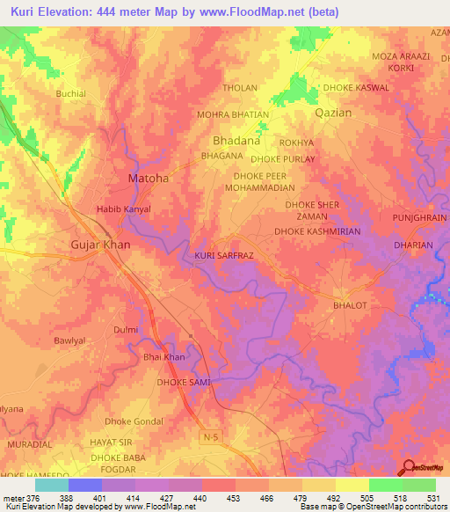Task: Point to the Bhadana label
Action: click(x=237, y=140)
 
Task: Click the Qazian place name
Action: click(x=333, y=113)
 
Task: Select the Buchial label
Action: click(x=71, y=92)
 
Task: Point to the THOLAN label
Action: click(x=240, y=88)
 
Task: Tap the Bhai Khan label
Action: click(x=164, y=357)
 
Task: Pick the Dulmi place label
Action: click(x=126, y=330)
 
